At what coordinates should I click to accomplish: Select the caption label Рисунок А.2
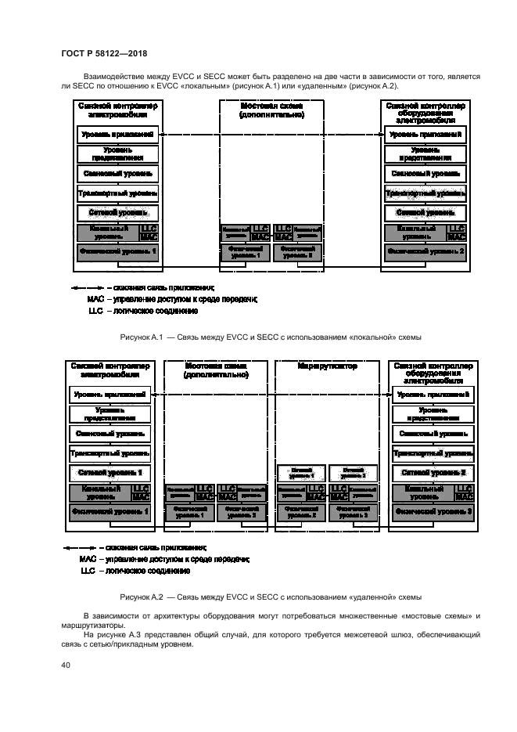[x=141, y=596]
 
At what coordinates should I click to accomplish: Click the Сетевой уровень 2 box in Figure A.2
[x=433, y=473]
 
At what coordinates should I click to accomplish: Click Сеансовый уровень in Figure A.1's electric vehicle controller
[x=118, y=173]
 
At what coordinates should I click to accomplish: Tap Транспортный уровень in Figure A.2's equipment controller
[x=433, y=453]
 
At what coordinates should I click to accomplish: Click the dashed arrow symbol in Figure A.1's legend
[x=87, y=287]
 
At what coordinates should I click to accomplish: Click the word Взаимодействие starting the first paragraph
[x=120, y=75]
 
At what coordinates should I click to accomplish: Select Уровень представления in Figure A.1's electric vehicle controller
[x=118, y=153]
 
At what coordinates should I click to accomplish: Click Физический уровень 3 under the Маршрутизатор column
[x=353, y=513]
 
